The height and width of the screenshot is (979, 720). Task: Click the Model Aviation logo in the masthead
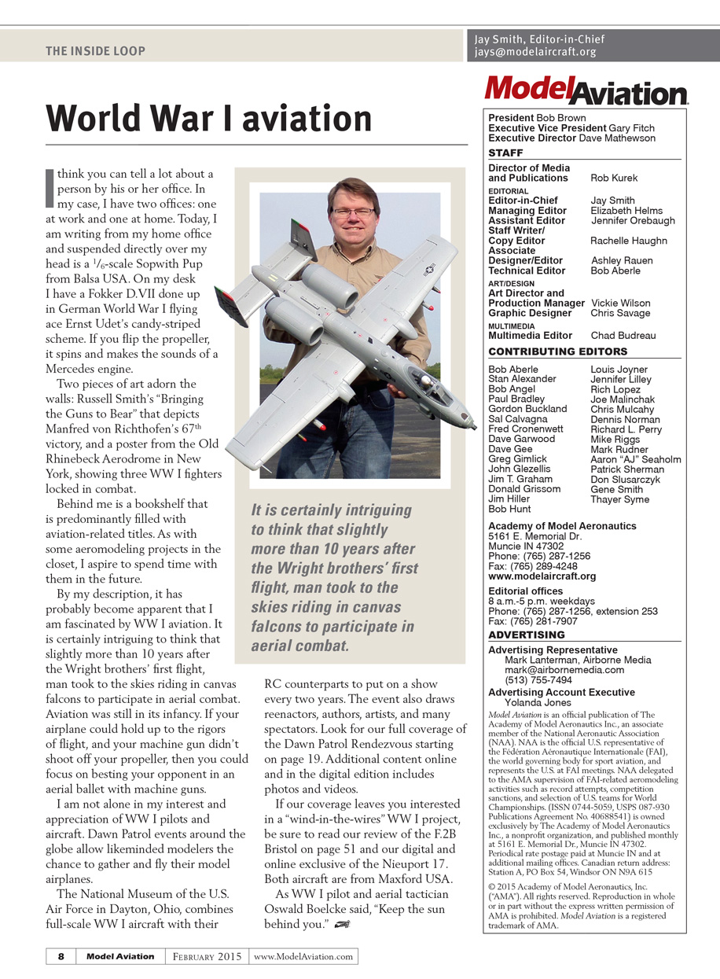(x=586, y=90)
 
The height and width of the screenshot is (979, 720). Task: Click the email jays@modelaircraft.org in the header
(x=535, y=53)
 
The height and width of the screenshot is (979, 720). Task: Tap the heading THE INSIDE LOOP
(x=95, y=51)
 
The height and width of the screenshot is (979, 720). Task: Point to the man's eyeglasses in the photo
(x=354, y=212)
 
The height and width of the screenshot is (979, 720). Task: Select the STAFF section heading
(x=505, y=153)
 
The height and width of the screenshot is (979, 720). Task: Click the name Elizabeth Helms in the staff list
(x=626, y=211)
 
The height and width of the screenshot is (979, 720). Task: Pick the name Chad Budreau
(x=623, y=336)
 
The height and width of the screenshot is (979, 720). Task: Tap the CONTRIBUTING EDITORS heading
(x=558, y=351)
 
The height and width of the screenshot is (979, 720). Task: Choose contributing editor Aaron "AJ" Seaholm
(x=636, y=459)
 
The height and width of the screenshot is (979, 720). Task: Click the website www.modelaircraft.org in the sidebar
(x=542, y=576)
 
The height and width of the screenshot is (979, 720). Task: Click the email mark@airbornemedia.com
(x=564, y=670)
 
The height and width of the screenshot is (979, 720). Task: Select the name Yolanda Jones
(x=538, y=702)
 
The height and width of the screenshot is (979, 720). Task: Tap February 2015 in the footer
(x=208, y=956)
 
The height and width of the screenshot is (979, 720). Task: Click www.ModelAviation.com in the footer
(x=303, y=956)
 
